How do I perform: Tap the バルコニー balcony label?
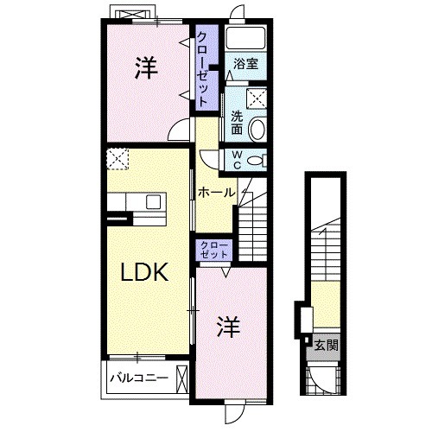click(x=138, y=377)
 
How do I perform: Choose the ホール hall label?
click(x=215, y=192)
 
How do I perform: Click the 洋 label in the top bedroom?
click(x=145, y=69)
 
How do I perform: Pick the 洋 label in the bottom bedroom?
click(x=227, y=327)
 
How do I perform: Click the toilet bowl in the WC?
click(x=254, y=160)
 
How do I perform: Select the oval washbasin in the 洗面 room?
click(x=257, y=130)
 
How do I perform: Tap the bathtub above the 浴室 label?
click(x=246, y=40)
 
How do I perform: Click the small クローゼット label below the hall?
click(x=213, y=250)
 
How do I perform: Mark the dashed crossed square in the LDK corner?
click(x=118, y=159)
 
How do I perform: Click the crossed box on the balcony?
click(x=181, y=377)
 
